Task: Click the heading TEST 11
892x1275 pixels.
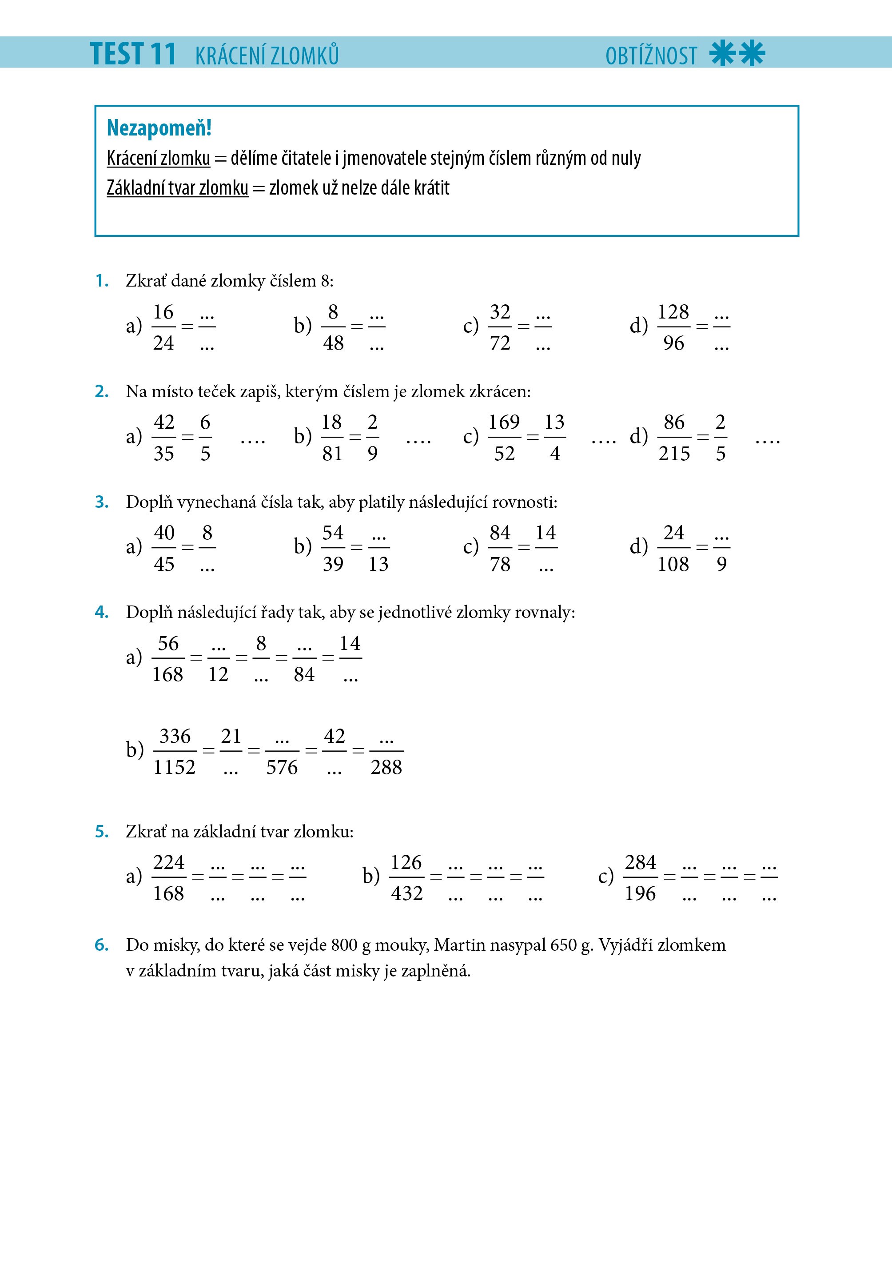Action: tap(133, 54)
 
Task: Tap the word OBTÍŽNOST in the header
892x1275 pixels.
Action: tap(650, 56)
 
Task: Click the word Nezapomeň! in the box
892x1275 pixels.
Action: tap(159, 128)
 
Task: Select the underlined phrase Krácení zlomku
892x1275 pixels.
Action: tap(158, 158)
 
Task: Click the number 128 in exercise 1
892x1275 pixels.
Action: tap(673, 312)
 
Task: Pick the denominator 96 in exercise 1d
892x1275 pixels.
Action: tap(673, 343)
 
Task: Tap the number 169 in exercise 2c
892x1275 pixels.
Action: tap(504, 422)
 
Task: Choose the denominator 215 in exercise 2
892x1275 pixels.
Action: tap(674, 454)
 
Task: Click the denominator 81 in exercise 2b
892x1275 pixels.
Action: tap(332, 454)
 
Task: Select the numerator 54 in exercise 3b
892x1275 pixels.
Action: tap(333, 533)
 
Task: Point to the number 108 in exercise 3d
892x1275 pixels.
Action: tap(673, 564)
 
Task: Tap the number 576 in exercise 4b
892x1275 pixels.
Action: tap(282, 768)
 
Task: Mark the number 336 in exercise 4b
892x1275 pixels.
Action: tap(175, 737)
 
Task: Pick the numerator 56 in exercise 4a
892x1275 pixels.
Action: tap(168, 644)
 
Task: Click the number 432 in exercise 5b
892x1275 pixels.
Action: tap(406, 893)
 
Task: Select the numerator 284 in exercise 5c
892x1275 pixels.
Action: tap(641, 862)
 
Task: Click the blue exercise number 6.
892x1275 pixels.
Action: tap(101, 945)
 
